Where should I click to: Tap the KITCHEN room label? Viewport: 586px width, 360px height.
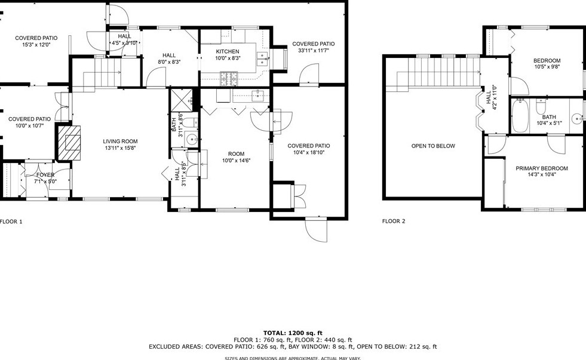click(228, 52)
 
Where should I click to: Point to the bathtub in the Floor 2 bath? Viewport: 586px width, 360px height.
click(520, 115)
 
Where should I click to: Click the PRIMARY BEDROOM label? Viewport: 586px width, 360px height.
click(541, 169)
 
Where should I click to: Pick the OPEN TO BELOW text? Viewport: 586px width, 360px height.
click(433, 146)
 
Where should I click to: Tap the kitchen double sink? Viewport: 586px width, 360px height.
click(261, 58)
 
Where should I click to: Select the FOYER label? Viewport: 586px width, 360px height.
click(44, 175)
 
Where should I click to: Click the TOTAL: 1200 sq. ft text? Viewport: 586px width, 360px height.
click(293, 333)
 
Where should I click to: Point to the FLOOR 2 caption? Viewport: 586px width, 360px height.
click(394, 221)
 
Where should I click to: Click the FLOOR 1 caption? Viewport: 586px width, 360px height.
click(11, 221)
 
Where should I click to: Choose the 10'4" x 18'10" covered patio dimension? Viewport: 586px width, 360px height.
click(308, 153)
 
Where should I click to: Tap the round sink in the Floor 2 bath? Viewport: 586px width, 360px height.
click(578, 118)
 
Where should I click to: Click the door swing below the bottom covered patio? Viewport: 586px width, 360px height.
click(317, 230)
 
